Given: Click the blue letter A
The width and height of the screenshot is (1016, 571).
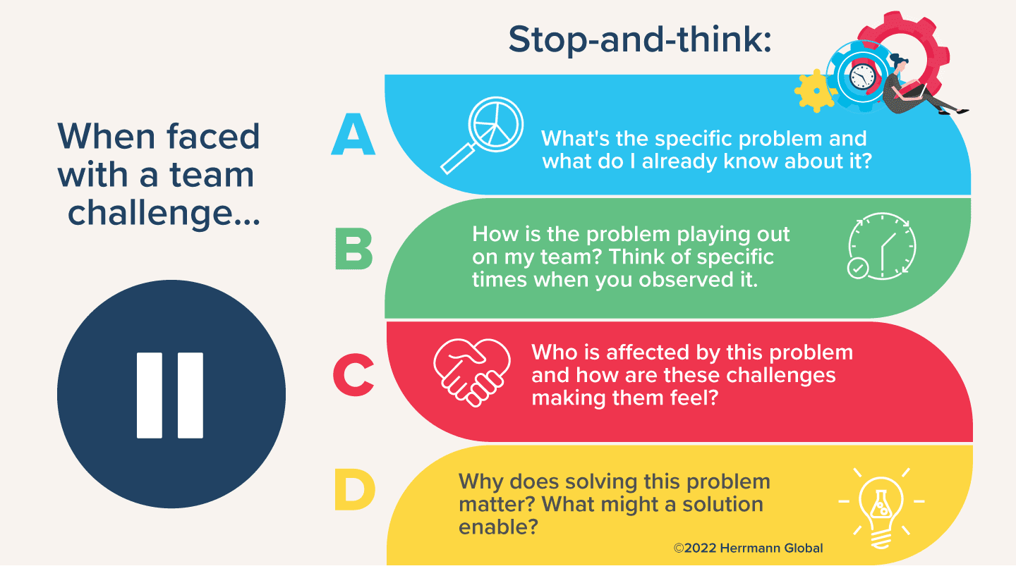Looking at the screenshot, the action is (x=353, y=134).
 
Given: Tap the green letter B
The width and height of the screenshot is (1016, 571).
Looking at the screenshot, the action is (x=353, y=249).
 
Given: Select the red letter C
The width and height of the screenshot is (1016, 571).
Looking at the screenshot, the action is (x=353, y=375).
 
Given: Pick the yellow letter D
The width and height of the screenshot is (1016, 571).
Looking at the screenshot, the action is (x=355, y=489).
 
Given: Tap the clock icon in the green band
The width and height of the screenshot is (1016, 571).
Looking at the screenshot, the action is (x=882, y=246).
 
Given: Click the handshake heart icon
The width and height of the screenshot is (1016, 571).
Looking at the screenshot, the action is (x=472, y=372).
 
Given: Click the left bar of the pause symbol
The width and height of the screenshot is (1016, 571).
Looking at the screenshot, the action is (x=150, y=395).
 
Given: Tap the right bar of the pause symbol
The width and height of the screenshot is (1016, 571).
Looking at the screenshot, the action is (x=190, y=395).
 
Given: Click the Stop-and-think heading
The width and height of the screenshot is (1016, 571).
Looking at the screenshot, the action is (x=639, y=40).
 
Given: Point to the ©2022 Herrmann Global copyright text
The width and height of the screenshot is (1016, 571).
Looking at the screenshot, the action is (x=748, y=548).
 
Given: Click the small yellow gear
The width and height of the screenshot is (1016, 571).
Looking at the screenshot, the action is (x=816, y=91).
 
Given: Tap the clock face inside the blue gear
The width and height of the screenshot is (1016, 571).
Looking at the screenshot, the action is (x=861, y=77).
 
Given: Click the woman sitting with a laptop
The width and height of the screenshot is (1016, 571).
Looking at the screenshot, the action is (x=917, y=86).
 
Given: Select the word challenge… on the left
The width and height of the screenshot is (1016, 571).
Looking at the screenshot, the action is (x=164, y=213).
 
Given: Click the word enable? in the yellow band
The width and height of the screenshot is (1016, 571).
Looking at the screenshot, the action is (x=498, y=527).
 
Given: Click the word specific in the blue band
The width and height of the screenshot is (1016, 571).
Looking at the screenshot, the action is (x=694, y=140).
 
